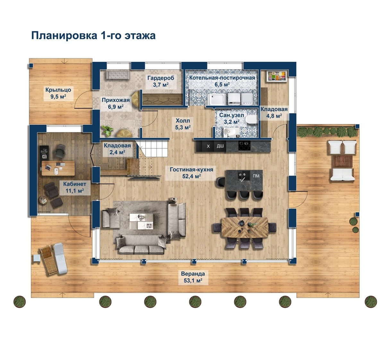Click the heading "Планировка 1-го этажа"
93,36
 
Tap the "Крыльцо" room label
58,90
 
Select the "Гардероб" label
161,78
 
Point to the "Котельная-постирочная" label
222,78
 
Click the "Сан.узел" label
232,115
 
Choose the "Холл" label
183,121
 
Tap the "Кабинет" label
75,184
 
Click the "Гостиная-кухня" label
192,170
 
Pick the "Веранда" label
193,274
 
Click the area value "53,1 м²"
193,281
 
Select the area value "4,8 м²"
274,116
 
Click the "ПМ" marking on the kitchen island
256,176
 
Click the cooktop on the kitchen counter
244,146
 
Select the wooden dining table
245,227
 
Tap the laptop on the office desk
48,167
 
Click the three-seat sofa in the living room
141,244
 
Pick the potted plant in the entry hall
107,130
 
